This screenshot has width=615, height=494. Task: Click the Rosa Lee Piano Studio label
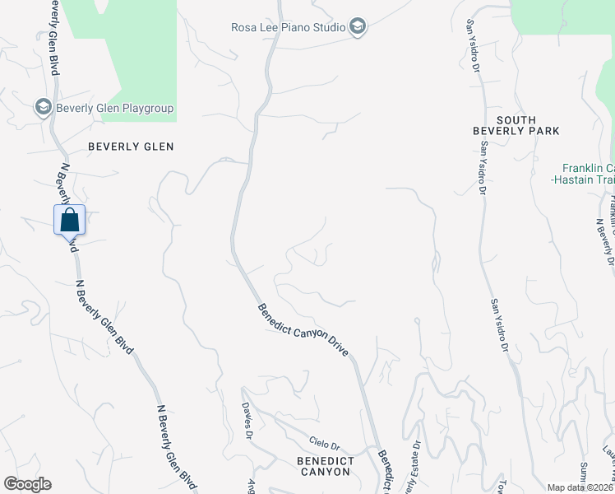click(288, 27)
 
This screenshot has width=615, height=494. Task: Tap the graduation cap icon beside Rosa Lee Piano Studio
click(358, 27)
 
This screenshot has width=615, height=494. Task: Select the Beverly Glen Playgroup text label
click(114, 108)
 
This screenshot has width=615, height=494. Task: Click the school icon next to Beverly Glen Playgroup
click(43, 107)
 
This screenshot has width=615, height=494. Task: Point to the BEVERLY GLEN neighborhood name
click(132, 147)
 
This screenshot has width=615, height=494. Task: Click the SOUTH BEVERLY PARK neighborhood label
click(516, 125)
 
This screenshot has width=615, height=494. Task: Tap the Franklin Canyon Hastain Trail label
click(585, 172)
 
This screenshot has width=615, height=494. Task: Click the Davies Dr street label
click(246, 419)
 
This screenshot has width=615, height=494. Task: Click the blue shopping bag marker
click(69, 220)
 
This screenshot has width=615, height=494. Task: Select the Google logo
click(27, 484)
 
